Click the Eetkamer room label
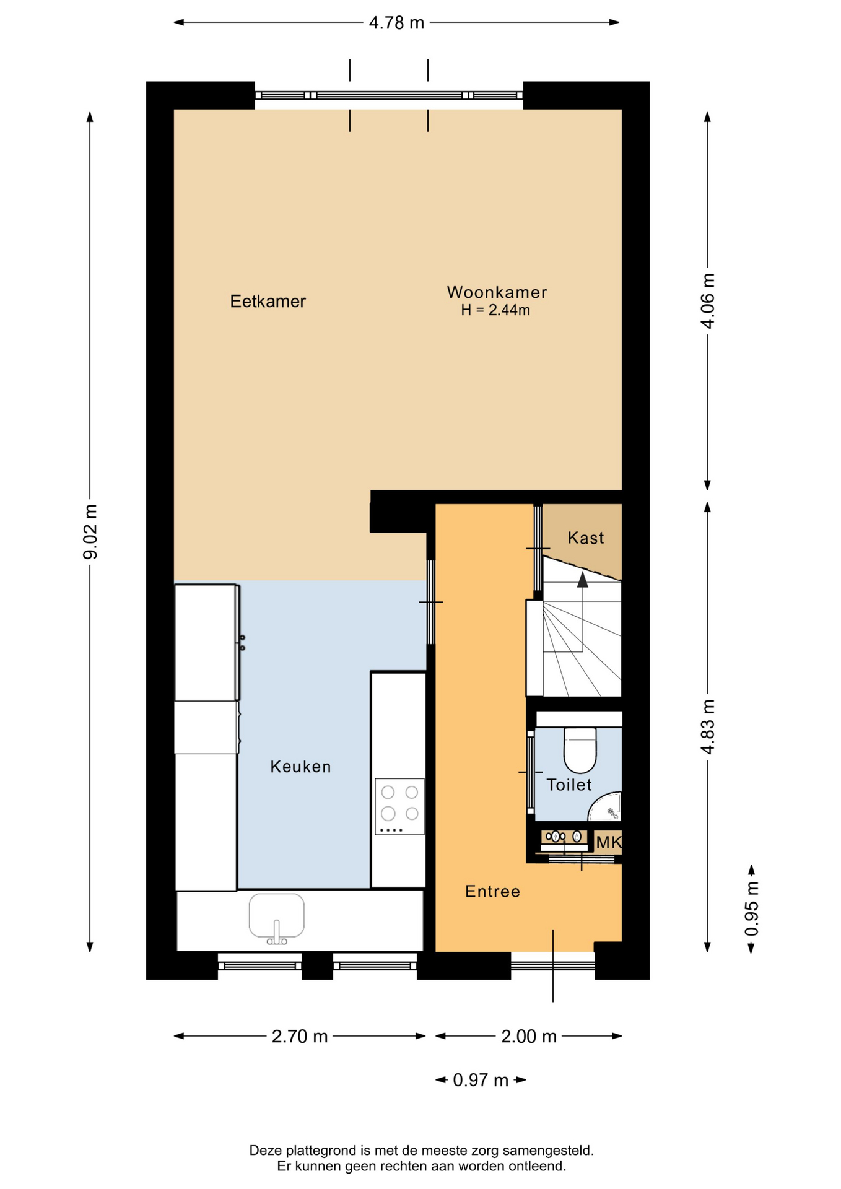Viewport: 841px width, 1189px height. (268, 302)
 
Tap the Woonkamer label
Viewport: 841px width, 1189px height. (497, 292)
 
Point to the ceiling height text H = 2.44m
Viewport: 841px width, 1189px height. (495, 310)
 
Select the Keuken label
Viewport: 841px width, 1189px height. (300, 767)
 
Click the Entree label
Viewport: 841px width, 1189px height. (492, 891)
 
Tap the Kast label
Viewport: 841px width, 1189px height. (585, 538)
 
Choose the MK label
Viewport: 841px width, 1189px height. (608, 842)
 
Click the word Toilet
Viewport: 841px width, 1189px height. (569, 785)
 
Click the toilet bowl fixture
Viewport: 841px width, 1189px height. (580, 749)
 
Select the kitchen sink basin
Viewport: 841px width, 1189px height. (277, 915)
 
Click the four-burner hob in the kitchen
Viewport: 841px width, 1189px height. (399, 806)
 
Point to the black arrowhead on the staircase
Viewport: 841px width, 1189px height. (582, 580)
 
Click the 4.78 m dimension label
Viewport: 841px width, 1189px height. (396, 23)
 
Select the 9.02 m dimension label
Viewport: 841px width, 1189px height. (90, 532)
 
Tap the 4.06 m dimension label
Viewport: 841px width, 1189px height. (707, 300)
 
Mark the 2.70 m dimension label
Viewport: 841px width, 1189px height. (300, 1036)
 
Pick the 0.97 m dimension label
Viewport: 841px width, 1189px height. (481, 1080)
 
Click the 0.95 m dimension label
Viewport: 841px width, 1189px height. (751, 909)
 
